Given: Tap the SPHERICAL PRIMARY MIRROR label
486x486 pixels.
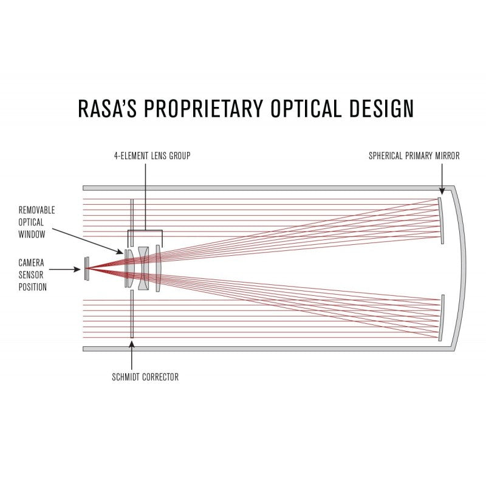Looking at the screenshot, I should pyautogui.click(x=414, y=156).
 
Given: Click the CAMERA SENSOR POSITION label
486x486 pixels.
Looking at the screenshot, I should pyautogui.click(x=33, y=275).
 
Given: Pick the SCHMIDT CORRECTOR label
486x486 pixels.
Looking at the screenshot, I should pyautogui.click(x=145, y=377).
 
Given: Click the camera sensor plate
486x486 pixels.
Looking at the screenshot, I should pyautogui.click(x=87, y=268).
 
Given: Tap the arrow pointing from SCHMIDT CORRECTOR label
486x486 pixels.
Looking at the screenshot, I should pyautogui.click(x=131, y=355).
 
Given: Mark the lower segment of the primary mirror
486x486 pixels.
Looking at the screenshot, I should pyautogui.click(x=442, y=317).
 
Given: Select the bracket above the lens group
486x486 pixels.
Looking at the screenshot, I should pyautogui.click(x=145, y=231).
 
